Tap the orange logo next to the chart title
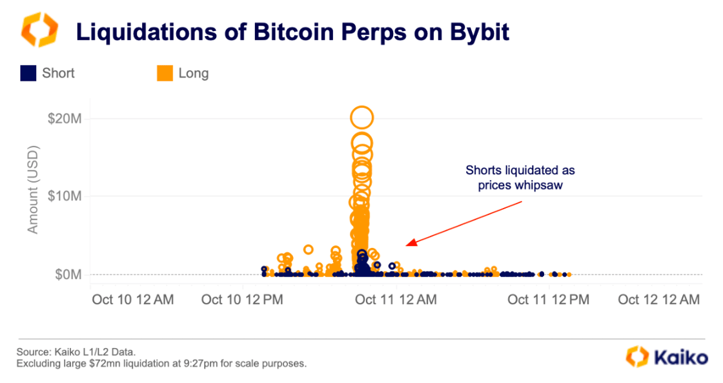[39, 30]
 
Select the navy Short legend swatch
[28, 74]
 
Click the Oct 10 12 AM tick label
[132, 300]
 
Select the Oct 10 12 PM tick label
[243, 300]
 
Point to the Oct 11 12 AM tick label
[396, 300]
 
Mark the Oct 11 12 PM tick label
[548, 300]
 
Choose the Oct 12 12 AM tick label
[658, 300]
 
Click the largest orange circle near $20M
[362, 118]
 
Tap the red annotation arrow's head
[409, 244]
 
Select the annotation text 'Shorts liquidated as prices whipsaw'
[520, 178]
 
